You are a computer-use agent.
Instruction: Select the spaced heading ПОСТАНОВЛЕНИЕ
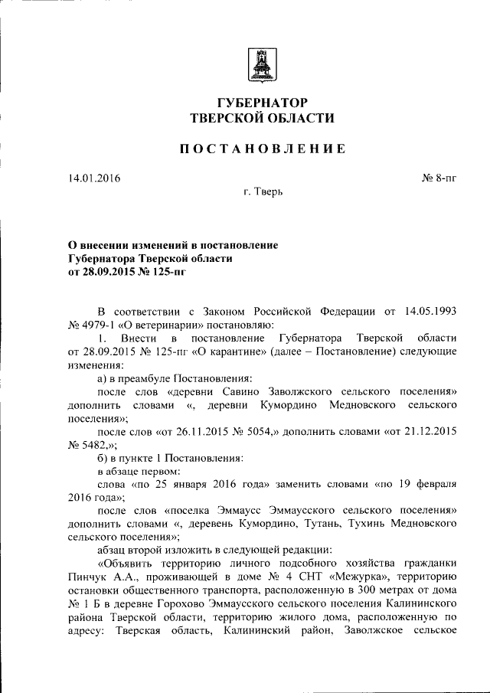[x=262, y=149]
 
